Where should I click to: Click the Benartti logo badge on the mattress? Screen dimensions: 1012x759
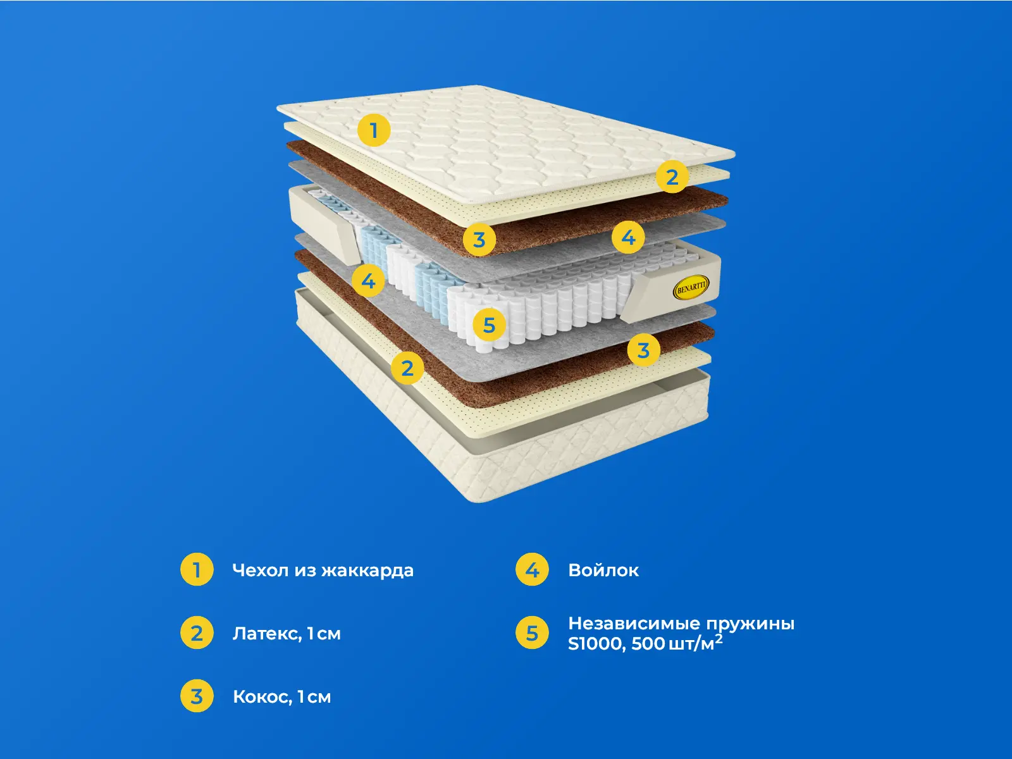pos(690,287)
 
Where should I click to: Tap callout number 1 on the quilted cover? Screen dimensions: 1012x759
pos(374,130)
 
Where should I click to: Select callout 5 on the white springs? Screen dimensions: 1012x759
pos(489,325)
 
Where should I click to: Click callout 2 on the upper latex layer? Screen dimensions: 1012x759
pos(672,176)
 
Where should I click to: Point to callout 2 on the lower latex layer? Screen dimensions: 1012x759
pos(407,367)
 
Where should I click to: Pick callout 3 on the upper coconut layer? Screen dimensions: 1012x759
pos(479,240)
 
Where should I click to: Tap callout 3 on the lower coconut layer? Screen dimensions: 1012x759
pos(644,350)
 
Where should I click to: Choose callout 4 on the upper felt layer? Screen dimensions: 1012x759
pos(629,237)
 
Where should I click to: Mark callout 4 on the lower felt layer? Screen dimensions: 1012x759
pos(368,280)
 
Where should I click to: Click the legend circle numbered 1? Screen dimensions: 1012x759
pos(197,570)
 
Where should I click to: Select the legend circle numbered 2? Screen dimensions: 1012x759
pos(197,632)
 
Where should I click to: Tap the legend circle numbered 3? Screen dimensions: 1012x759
pos(197,696)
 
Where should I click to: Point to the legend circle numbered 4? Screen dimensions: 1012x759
pos(532,570)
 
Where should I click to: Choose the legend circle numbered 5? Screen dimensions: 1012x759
pos(532,632)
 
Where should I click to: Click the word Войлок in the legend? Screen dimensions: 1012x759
pos(603,571)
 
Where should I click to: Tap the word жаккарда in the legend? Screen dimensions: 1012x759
pos(367,571)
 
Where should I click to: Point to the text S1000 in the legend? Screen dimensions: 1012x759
pos(597,645)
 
